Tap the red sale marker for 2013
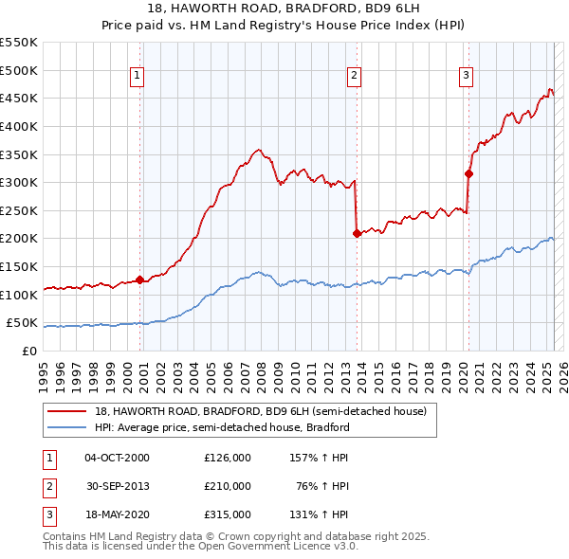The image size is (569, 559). pyautogui.click(x=357, y=232)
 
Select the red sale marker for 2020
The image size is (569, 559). pyautogui.click(x=468, y=173)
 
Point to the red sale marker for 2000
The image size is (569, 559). pyautogui.click(x=139, y=279)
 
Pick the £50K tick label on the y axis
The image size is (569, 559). pyautogui.click(x=23, y=323)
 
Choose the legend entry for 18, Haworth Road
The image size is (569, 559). pyautogui.click(x=261, y=411)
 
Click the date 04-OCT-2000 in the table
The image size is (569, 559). pyautogui.click(x=117, y=458)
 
